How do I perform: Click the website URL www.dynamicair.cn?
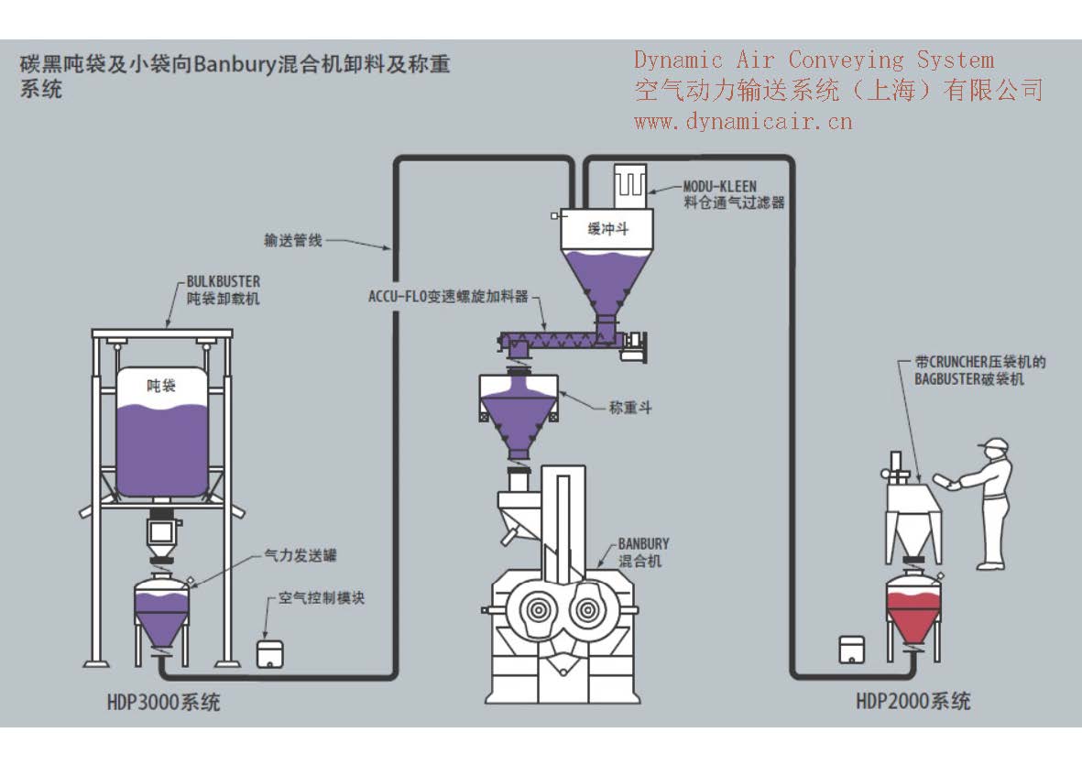click(x=743, y=120)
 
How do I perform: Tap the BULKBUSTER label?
click(x=223, y=282)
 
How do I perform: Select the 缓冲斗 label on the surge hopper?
click(x=607, y=229)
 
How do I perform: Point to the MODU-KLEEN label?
click(x=720, y=186)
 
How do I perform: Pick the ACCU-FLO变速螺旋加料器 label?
click(x=448, y=296)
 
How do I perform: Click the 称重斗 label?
click(x=630, y=408)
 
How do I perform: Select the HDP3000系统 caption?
click(x=164, y=703)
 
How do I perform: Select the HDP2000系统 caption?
click(x=913, y=702)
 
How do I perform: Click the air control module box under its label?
click(x=268, y=651)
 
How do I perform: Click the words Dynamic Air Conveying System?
click(x=814, y=60)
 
